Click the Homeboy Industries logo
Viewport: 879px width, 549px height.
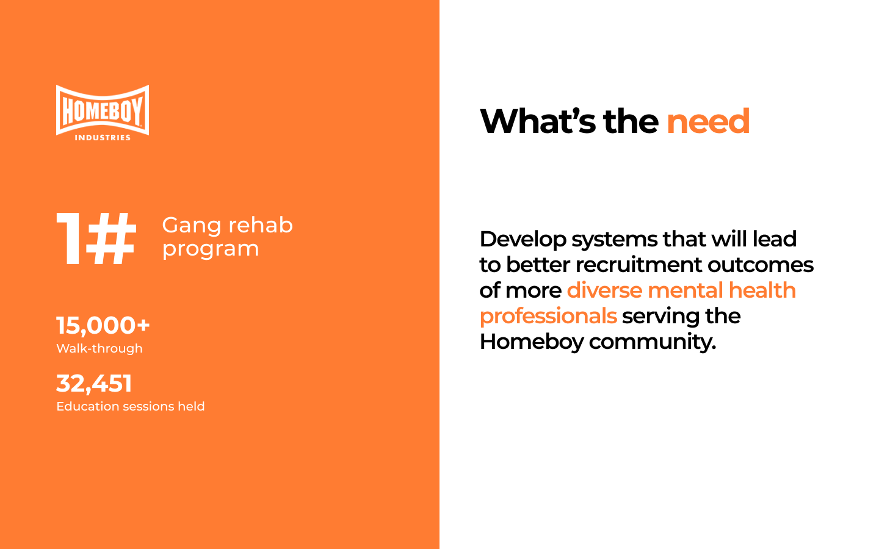click(x=103, y=113)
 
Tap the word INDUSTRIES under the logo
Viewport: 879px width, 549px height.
click(x=103, y=138)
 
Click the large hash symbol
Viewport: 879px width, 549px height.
click(x=111, y=239)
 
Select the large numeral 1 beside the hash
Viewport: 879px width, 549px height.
click(x=69, y=239)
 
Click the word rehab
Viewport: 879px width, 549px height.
click(x=261, y=225)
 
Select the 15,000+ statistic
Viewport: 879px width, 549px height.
click(x=103, y=326)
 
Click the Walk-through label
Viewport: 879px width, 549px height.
click(x=99, y=348)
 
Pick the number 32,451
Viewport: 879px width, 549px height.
click(x=94, y=383)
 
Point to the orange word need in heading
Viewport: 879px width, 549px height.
click(x=708, y=121)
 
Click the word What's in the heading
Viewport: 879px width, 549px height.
click(x=538, y=121)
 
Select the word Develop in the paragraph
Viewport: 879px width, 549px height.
click(x=523, y=240)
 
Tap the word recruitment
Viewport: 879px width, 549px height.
click(x=638, y=265)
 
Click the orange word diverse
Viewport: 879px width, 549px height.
click(x=605, y=290)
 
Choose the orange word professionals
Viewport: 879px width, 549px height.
click(x=548, y=317)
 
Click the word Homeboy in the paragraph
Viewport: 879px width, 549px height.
click(x=532, y=342)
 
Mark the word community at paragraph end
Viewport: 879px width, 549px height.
click(x=653, y=342)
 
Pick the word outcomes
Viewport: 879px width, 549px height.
click(x=761, y=265)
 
